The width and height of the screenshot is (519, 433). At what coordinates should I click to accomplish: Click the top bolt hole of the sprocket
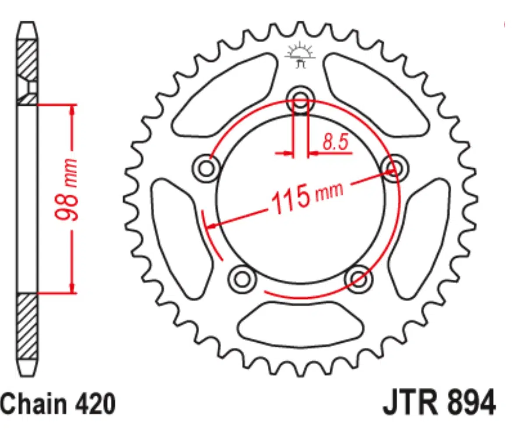(x=301, y=99)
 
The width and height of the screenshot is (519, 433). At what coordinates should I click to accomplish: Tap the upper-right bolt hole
(x=395, y=167)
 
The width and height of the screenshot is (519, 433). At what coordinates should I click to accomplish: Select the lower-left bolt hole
(x=241, y=277)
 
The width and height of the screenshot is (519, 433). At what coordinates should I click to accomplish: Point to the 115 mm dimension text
(x=307, y=197)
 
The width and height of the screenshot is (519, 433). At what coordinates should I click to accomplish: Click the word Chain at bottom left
(x=33, y=404)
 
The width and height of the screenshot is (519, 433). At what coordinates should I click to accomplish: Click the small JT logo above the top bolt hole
(x=300, y=56)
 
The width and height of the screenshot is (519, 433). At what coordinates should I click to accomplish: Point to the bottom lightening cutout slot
(x=300, y=325)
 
